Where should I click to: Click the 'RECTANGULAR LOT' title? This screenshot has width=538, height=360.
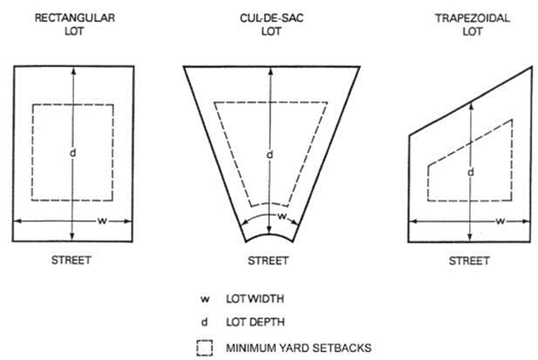pyautogui.click(x=75, y=24)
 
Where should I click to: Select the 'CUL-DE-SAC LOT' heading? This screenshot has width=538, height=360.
pyautogui.click(x=272, y=24)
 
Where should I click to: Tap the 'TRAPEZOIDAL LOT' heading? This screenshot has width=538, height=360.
pyautogui.click(x=472, y=24)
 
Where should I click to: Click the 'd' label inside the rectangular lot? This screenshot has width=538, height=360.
pyautogui.click(x=73, y=153)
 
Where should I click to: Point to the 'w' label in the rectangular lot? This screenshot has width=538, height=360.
pyautogui.click(x=102, y=221)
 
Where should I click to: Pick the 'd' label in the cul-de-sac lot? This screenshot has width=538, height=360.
pyautogui.click(x=270, y=155)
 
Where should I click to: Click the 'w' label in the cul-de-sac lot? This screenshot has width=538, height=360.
pyautogui.click(x=282, y=216)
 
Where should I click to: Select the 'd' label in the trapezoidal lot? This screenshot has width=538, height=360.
pyautogui.click(x=471, y=172)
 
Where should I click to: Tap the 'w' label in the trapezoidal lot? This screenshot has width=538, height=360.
pyautogui.click(x=500, y=221)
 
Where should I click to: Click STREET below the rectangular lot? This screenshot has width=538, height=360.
pyautogui.click(x=71, y=260)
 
